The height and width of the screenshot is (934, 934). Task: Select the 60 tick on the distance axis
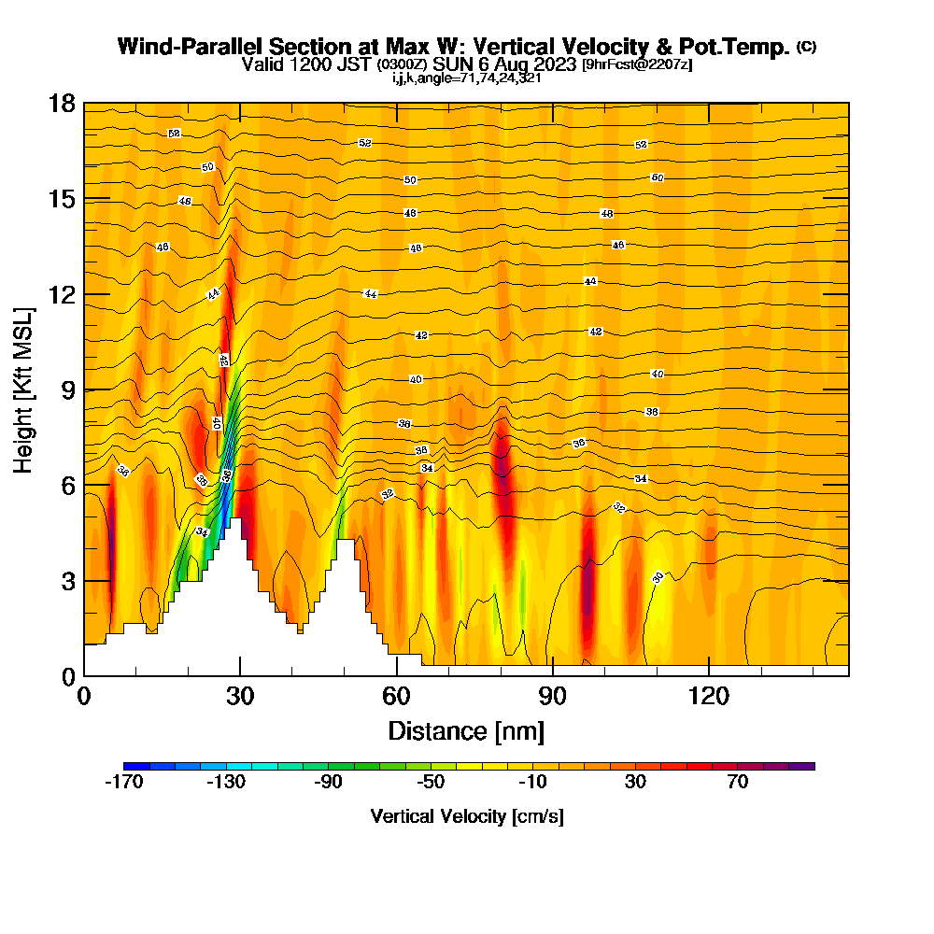397,696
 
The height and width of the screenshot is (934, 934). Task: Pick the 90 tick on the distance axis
553,696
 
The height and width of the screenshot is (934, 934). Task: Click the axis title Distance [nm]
466,730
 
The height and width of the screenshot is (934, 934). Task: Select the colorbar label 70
738,783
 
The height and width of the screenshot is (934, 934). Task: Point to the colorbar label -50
431,783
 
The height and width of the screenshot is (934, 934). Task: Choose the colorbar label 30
635,783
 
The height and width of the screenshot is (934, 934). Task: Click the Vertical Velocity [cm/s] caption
467,816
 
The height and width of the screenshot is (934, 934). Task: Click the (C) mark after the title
807,47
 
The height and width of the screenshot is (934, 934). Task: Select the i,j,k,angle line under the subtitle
467,78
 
